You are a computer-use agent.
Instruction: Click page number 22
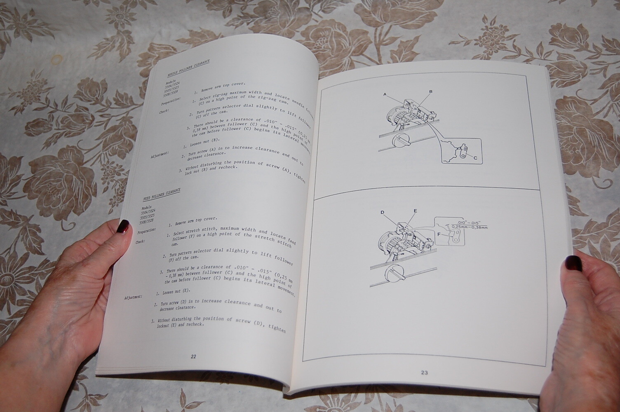tap(193, 357)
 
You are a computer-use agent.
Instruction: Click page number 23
tap(425, 373)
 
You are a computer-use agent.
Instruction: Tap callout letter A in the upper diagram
tap(385, 94)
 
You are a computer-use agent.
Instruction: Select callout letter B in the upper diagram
tap(431, 91)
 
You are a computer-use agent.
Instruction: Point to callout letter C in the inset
tap(475, 158)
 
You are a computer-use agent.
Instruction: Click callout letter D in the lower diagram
tap(383, 213)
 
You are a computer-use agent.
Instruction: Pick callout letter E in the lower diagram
tap(415, 211)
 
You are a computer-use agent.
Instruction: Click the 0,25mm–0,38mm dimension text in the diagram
tap(469, 227)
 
